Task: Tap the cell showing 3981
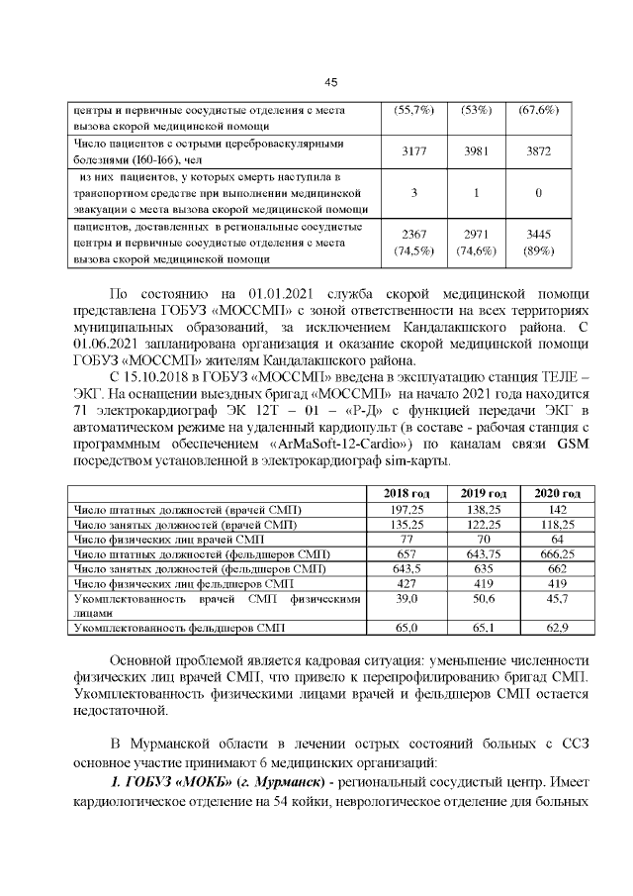[477, 151]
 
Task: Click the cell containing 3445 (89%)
[539, 243]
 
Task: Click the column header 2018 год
[407, 493]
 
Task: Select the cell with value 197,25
[407, 509]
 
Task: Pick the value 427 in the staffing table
[407, 583]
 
